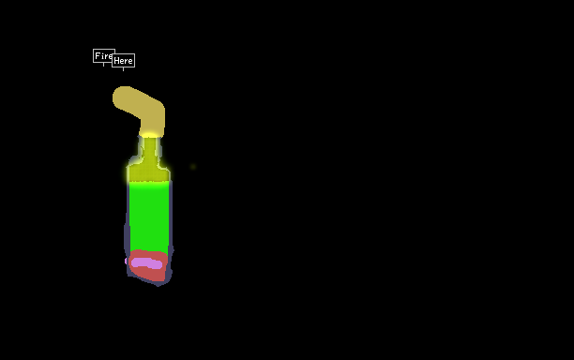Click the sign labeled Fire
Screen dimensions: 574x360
click(x=103, y=55)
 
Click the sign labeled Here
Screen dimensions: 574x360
click(x=124, y=60)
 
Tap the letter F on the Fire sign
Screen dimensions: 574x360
click(x=98, y=56)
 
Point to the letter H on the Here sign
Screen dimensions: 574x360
click(x=117, y=61)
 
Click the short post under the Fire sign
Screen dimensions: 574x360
click(x=103, y=65)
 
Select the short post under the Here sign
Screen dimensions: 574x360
click(x=124, y=69)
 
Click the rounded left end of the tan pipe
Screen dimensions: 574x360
click(x=119, y=97)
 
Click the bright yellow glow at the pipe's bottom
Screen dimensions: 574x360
click(x=149, y=135)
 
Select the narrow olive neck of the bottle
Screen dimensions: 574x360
click(x=149, y=152)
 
